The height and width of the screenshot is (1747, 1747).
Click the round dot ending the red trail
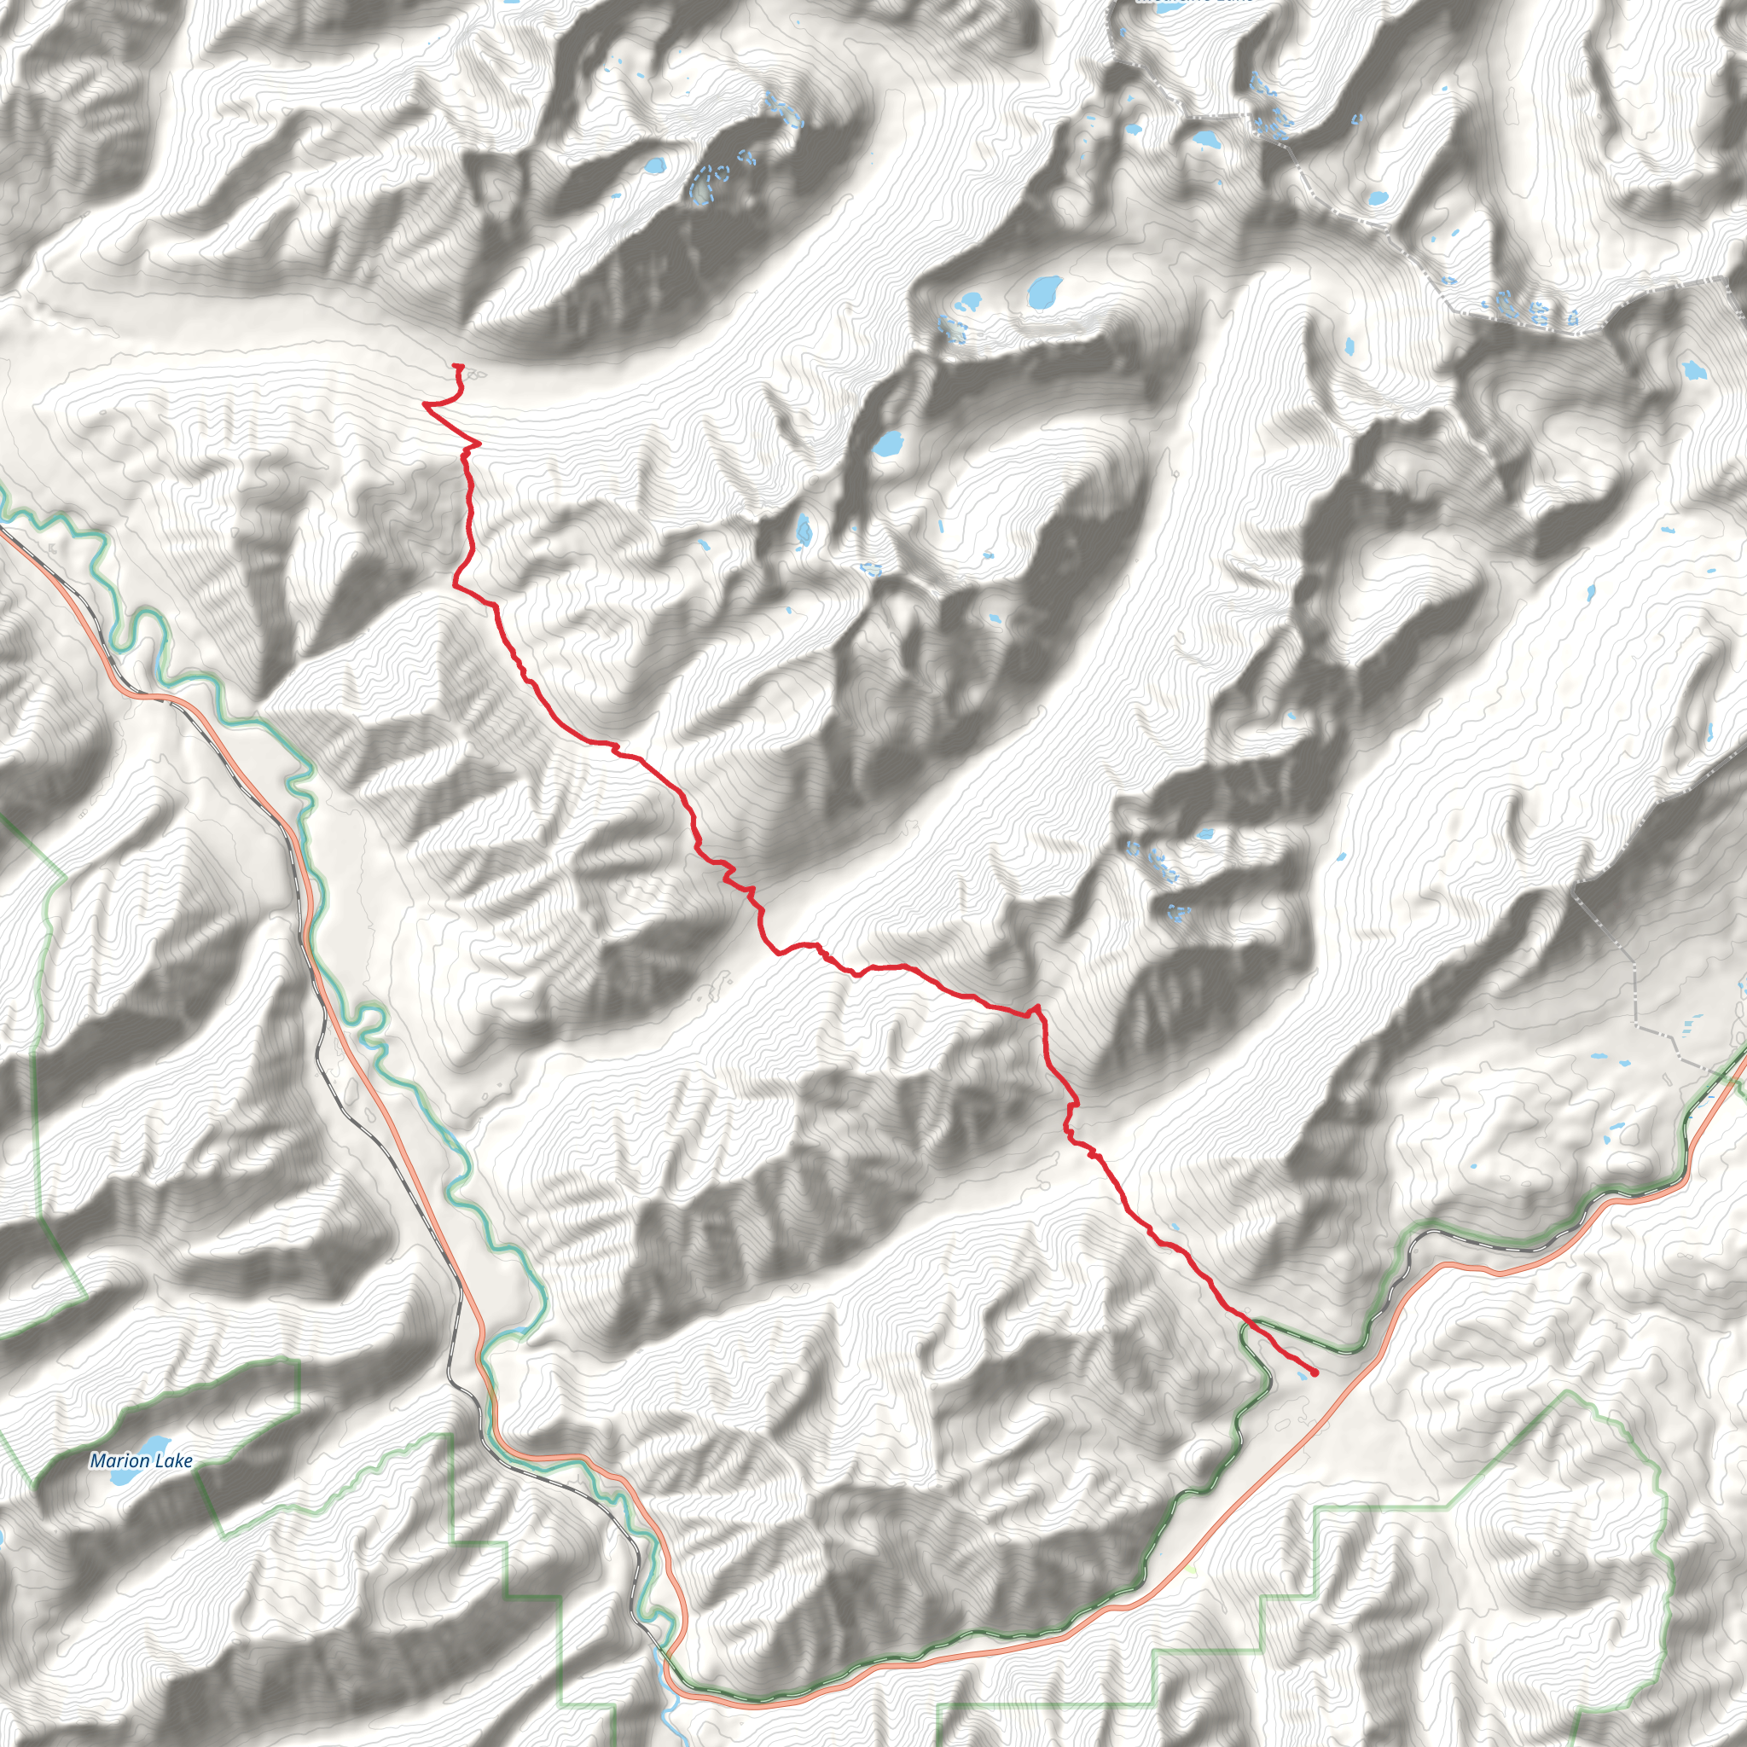[1314, 1373]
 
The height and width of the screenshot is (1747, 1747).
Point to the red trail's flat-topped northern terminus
[457, 365]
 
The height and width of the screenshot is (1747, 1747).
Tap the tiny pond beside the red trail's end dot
[1302, 1374]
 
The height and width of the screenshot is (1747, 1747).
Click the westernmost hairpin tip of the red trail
[425, 404]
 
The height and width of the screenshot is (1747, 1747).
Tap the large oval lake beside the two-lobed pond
[1044, 290]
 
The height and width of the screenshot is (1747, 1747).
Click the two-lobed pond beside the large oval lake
[970, 300]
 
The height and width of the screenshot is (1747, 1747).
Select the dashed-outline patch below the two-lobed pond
[952, 328]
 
